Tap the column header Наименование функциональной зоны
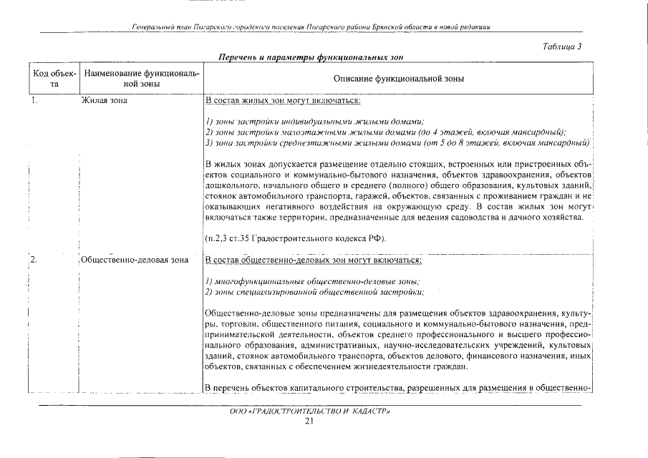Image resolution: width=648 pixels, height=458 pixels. pos(140,79)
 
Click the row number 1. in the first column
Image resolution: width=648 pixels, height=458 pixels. pos(34,101)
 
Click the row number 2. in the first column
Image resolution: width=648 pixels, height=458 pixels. pos(34,260)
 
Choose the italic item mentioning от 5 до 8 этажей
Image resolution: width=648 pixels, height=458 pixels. pos(396,143)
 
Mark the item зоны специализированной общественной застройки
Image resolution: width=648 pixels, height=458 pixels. pos(314,292)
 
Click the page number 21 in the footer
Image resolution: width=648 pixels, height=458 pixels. pos(309,422)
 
